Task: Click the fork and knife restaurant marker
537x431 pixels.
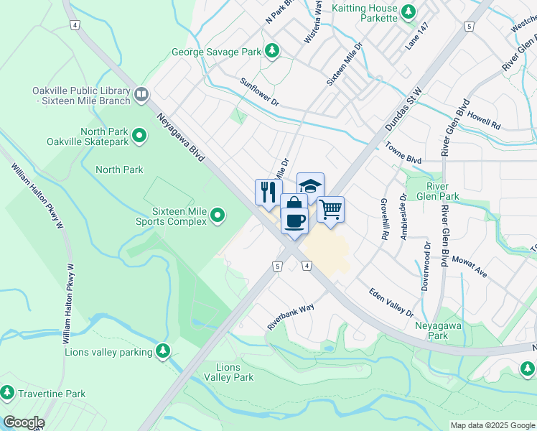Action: pos(266,192)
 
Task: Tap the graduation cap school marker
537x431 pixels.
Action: pos(310,186)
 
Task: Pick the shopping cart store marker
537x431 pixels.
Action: pos(330,209)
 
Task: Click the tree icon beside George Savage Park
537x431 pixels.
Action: pos(272,50)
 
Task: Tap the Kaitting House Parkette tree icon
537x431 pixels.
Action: pos(408,11)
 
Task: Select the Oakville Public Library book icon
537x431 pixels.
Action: pos(141,93)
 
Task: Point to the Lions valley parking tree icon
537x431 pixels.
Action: pos(164,351)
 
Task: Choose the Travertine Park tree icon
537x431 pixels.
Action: pos(7,392)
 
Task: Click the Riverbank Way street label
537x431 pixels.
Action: pos(291,315)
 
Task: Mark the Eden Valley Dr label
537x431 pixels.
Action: pos(391,302)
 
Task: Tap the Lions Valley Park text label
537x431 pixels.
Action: pos(229,371)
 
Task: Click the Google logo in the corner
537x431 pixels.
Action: pos(23,422)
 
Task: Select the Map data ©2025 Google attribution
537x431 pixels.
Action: pos(492,425)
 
